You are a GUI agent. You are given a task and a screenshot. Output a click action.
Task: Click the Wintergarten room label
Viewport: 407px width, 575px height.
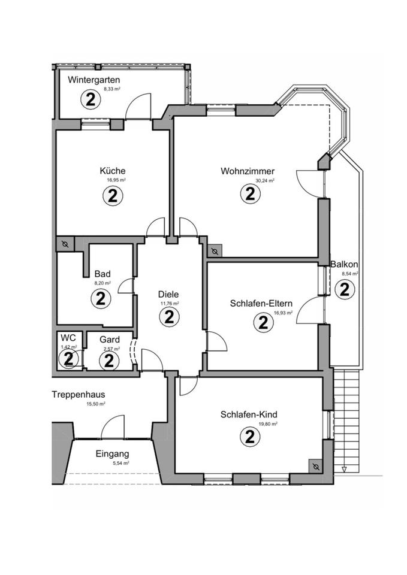tap(94, 80)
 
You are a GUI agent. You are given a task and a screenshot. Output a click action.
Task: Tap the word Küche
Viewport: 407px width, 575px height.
tap(113, 171)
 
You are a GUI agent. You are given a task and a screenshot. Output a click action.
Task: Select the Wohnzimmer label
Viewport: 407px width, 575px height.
tap(247, 171)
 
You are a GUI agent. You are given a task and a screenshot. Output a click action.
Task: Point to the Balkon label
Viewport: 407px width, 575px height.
tap(344, 264)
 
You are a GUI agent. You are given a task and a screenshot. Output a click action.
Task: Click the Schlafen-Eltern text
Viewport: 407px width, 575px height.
tap(261, 303)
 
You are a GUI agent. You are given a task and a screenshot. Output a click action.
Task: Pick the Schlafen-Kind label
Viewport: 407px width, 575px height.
tap(249, 414)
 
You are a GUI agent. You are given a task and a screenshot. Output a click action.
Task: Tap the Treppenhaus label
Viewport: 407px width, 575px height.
tap(79, 395)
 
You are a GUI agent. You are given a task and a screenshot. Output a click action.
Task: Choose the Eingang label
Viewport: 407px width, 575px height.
tap(112, 454)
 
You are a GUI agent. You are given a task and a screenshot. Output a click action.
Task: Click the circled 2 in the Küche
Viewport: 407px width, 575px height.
tap(112, 195)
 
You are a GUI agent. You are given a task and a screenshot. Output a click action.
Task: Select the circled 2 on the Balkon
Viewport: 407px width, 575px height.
tap(344, 290)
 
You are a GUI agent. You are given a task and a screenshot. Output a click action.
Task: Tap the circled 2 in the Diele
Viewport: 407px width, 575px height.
tap(169, 318)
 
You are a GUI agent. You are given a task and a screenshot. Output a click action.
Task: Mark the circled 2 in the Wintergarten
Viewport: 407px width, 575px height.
tap(91, 99)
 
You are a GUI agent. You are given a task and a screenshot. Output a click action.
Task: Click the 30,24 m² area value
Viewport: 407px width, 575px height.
tap(264, 180)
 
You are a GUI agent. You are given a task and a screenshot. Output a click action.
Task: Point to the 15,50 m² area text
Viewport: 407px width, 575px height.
tap(96, 404)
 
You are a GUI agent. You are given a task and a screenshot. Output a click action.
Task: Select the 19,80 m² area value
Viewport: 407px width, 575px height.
tap(268, 423)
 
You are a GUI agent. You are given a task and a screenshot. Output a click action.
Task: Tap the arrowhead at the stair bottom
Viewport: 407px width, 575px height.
tap(343, 470)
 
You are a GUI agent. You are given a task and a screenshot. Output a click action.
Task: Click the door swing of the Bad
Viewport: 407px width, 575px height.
tap(125, 286)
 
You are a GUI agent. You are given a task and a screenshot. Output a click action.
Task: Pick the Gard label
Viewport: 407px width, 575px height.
tap(110, 340)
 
